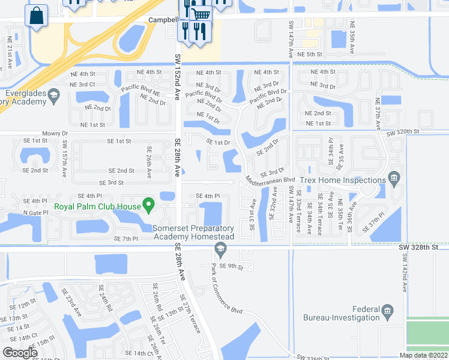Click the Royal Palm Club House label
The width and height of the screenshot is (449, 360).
97,207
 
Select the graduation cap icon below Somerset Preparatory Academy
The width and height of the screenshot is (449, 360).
221,249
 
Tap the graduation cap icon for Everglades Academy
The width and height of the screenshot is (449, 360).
53,95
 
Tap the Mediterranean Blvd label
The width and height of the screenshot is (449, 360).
270,179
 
